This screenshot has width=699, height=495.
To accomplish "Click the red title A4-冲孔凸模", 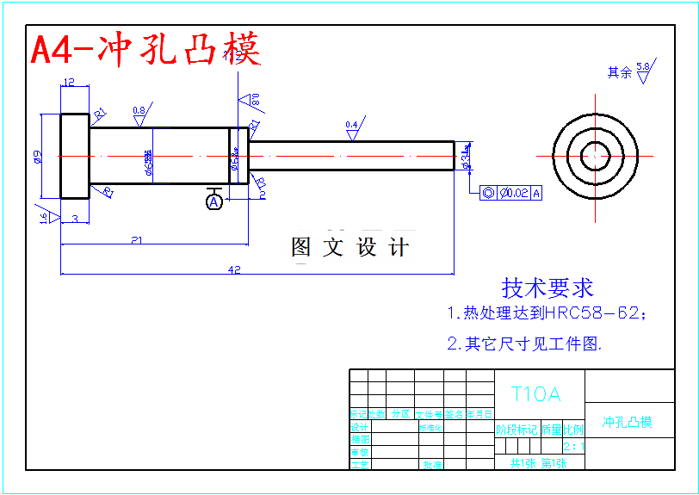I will (x=145, y=50).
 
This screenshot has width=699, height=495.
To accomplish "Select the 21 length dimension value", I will (x=137, y=240).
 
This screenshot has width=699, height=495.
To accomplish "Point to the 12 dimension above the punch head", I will (x=69, y=83).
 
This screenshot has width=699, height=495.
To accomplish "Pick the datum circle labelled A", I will (x=214, y=201).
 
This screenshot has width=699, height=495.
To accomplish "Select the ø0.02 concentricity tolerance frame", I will (x=511, y=193).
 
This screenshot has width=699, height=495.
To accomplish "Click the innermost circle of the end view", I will (x=595, y=156).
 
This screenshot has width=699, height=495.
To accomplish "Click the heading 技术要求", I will (x=547, y=288).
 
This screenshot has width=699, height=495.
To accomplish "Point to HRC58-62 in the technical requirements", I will (x=592, y=312).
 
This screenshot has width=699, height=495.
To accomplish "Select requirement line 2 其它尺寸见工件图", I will (x=524, y=343).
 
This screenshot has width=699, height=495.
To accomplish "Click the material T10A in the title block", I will (x=535, y=394).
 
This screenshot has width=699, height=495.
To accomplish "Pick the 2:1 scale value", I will (x=573, y=446).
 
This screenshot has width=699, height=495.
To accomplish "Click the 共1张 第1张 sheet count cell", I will (x=539, y=463).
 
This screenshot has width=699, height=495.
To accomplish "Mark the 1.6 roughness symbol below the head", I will (x=45, y=217).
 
